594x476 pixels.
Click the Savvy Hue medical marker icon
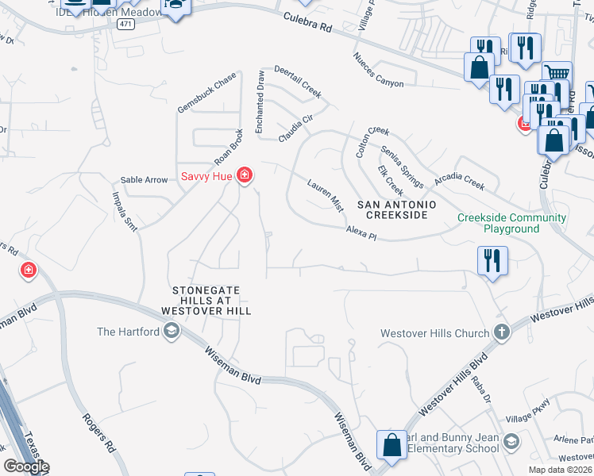pyautogui.click(x=245, y=175)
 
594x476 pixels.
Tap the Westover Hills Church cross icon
pyautogui.click(x=501, y=332)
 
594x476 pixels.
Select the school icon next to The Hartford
pyautogui.click(x=170, y=332)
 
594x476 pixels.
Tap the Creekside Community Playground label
pyautogui.click(x=511, y=223)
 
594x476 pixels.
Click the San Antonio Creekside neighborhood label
pyautogui.click(x=396, y=209)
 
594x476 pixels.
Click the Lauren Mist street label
pyautogui.click(x=326, y=195)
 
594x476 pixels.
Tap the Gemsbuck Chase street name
pyautogui.click(x=206, y=91)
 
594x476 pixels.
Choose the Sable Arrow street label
pyautogui.click(x=144, y=180)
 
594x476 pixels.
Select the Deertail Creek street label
pyautogui.click(x=298, y=82)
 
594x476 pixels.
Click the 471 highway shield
pyautogui.click(x=125, y=25)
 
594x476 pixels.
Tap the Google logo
pyautogui.click(x=25, y=466)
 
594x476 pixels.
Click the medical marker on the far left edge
pyautogui.click(x=29, y=271)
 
